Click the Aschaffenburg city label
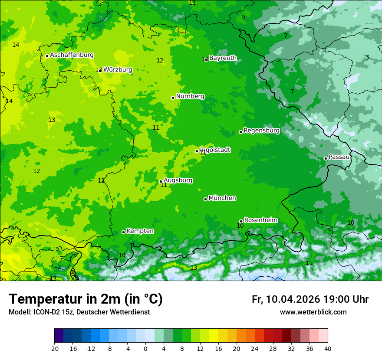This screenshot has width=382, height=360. click(72, 55)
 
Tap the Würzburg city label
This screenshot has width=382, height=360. click(118, 69)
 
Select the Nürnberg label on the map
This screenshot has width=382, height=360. click(190, 96)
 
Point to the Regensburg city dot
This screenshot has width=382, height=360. click(240, 132)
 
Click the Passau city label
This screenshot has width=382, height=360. click(339, 157)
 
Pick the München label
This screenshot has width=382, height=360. click(222, 198)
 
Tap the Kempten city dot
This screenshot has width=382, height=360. click(123, 232)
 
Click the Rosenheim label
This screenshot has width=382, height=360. click(260, 220)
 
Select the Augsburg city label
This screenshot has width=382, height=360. click(178, 180)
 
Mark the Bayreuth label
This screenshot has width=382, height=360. click(223, 58)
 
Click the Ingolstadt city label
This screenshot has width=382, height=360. click(215, 150)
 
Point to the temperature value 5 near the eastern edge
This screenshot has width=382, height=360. click(368, 57)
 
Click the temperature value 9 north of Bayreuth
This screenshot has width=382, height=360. click(243, 17)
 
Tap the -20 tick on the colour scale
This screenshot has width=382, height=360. click(54, 349)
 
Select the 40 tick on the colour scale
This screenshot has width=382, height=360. click(327, 349)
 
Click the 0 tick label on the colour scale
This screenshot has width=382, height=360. click(145, 349)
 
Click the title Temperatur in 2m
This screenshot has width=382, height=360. click(86, 299)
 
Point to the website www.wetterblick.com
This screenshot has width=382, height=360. click(313, 312)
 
